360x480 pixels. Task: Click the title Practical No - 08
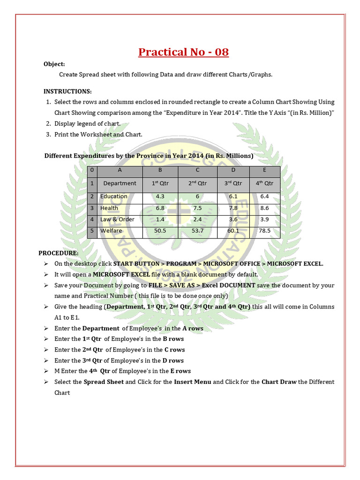183,52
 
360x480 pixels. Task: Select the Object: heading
54,64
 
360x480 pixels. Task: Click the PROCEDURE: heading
59,253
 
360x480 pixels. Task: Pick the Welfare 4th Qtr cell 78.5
264,231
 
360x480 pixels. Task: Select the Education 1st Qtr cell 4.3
160,196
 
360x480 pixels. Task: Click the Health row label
109,208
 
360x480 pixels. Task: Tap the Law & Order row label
117,219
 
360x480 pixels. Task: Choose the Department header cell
120,183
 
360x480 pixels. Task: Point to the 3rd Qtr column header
233,183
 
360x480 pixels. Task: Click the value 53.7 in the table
198,231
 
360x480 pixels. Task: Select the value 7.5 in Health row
198,208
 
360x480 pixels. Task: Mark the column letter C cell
198,170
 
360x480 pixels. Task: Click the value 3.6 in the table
233,219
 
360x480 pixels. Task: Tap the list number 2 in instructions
48,124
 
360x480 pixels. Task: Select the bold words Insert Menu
192,382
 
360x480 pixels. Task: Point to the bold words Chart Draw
279,382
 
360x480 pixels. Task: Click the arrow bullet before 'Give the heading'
46,307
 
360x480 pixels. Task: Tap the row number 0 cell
92,170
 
